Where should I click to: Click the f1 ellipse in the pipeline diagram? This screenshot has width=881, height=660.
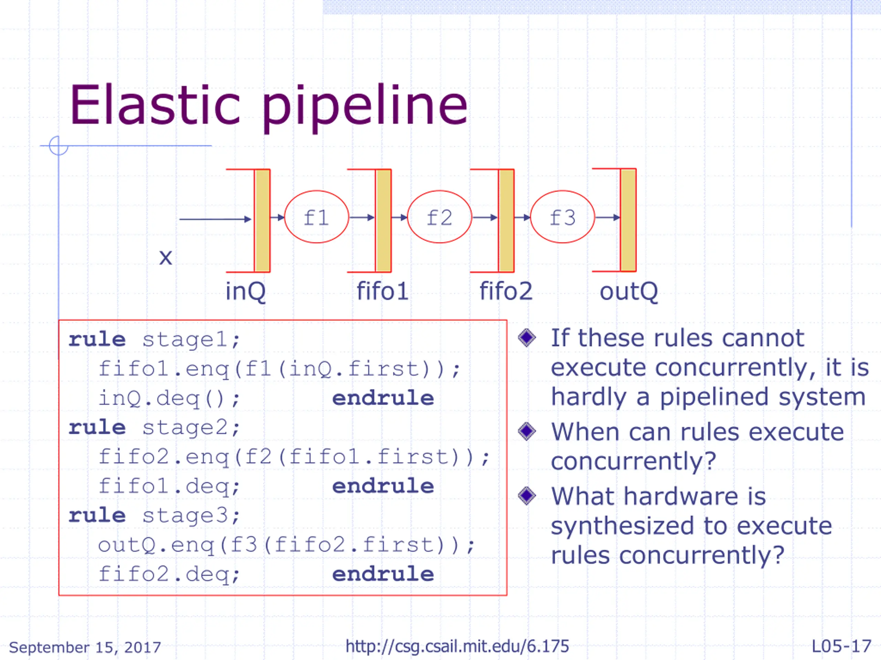[316, 217]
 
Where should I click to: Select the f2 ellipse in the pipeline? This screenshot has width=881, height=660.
[439, 217]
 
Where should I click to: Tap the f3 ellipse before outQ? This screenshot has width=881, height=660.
[562, 217]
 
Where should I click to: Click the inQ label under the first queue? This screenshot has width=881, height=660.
[245, 291]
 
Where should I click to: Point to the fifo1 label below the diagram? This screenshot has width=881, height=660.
[382, 291]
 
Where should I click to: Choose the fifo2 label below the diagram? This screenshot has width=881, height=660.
[506, 291]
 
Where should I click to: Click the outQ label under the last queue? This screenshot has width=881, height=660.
[628, 291]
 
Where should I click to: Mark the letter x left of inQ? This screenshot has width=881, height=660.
[165, 257]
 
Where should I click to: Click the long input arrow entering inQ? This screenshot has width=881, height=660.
[215, 219]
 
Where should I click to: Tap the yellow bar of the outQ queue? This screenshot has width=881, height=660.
[628, 220]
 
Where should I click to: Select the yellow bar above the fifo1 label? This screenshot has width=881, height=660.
[383, 220]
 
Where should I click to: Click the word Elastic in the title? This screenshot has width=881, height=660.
[155, 106]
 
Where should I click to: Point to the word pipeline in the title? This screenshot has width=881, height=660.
[364, 107]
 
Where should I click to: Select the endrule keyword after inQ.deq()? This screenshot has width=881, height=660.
[383, 398]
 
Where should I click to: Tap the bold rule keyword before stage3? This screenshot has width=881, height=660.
[97, 516]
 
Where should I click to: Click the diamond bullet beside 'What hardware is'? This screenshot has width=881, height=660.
[527, 496]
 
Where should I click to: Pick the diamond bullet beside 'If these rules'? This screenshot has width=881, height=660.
[527, 338]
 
